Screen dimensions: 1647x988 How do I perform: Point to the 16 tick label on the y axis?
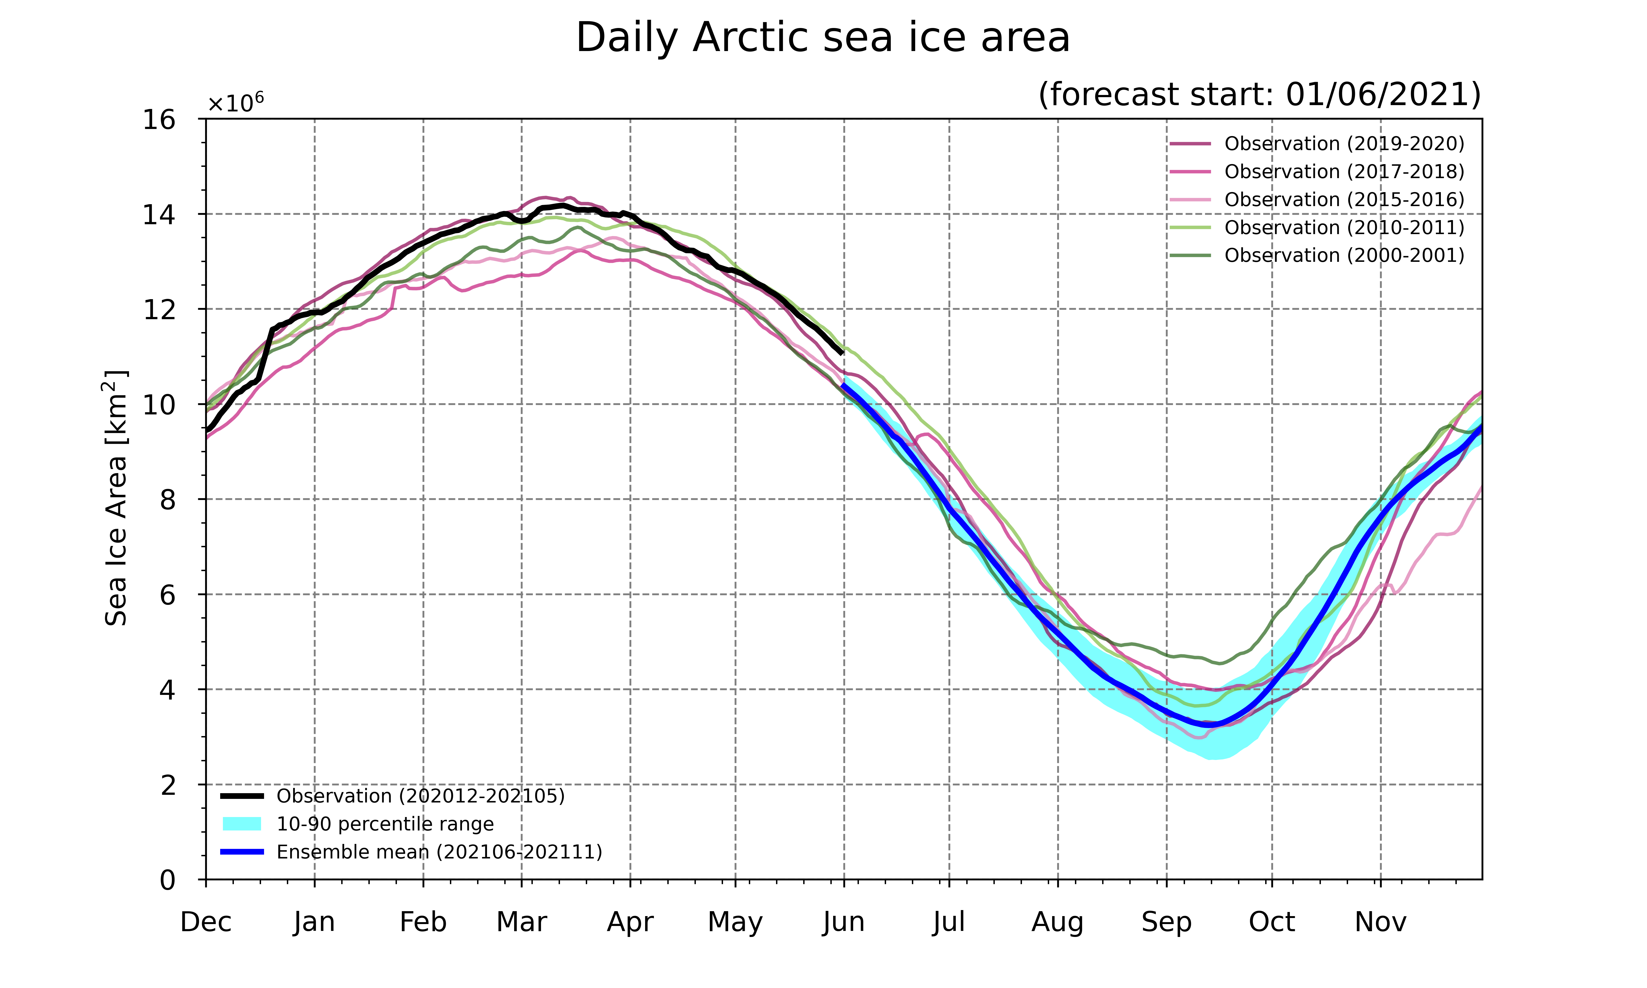pyautogui.click(x=159, y=120)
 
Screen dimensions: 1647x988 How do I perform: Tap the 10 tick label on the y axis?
pyautogui.click(x=159, y=404)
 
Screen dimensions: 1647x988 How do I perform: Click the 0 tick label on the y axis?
pyautogui.click(x=168, y=880)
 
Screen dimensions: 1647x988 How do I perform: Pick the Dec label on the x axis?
pyautogui.click(x=206, y=922)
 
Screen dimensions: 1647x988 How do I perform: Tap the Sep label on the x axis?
pyautogui.click(x=1166, y=922)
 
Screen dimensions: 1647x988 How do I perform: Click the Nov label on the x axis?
pyautogui.click(x=1381, y=922)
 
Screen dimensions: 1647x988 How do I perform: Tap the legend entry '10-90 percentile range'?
pyautogui.click(x=358, y=824)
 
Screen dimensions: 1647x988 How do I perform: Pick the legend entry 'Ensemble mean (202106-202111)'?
pyautogui.click(x=411, y=852)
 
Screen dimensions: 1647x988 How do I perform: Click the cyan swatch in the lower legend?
pyautogui.click(x=242, y=824)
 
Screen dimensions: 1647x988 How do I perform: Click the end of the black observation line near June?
pyautogui.click(x=843, y=353)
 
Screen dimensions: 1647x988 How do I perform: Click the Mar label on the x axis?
pyautogui.click(x=521, y=922)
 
